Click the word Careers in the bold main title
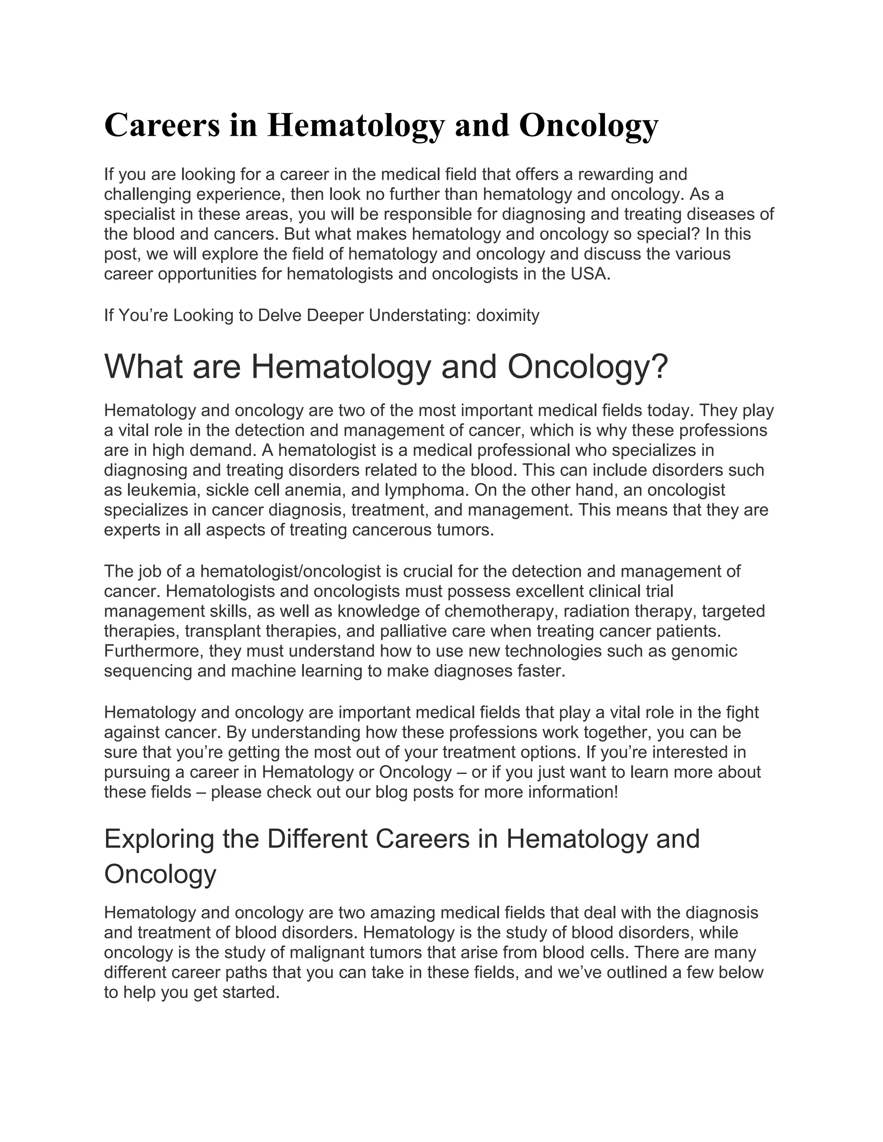[x=162, y=125]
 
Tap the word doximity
[x=507, y=315]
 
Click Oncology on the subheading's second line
[x=160, y=874]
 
